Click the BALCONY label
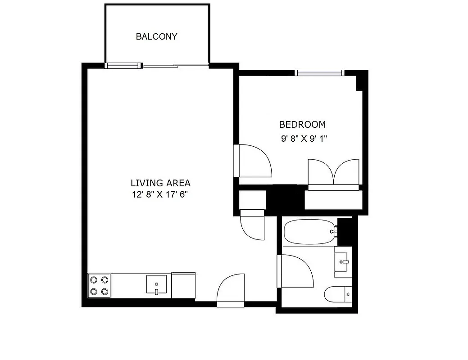(156, 37)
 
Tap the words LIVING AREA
(160, 183)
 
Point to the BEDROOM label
(302, 125)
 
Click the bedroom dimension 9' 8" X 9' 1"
(304, 139)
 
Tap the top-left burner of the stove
(94, 279)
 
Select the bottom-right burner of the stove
(105, 291)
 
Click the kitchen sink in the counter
(156, 285)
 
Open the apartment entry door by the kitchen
(230, 290)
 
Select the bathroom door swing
(296, 271)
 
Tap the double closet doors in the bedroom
(333, 172)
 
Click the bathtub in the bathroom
(309, 232)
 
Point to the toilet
(338, 294)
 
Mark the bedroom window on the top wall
(319, 72)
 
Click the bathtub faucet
(334, 232)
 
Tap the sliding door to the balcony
(176, 66)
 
